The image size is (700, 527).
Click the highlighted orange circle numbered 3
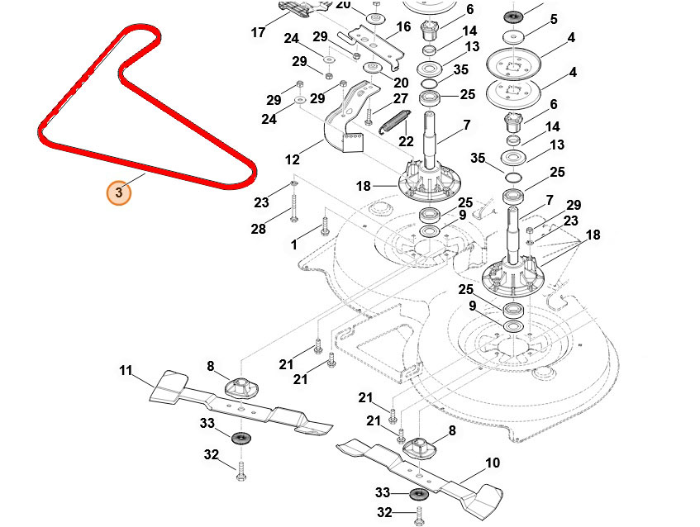click(x=118, y=192)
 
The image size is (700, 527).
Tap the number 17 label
click(x=259, y=34)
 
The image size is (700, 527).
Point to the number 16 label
click(x=403, y=27)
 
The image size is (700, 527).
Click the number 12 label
click(x=293, y=159)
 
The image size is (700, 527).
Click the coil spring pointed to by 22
click(x=393, y=121)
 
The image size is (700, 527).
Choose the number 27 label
click(x=401, y=98)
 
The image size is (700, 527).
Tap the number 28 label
click(x=259, y=229)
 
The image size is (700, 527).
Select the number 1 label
click(x=293, y=245)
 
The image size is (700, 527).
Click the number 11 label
click(x=126, y=371)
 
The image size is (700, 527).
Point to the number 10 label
click(x=493, y=463)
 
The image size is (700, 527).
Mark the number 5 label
click(x=554, y=19)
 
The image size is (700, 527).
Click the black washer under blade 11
click(x=240, y=436)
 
